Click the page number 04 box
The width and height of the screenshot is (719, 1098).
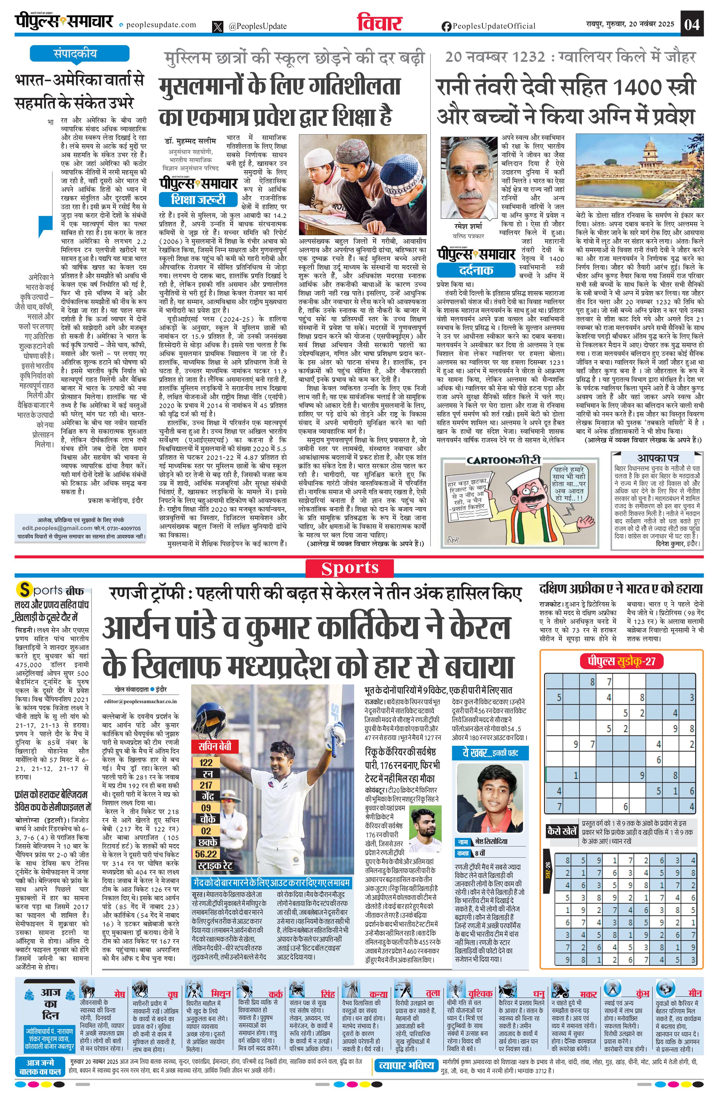point(692,24)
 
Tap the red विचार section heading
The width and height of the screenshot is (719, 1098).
point(380,23)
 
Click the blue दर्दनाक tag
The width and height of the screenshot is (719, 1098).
point(476,270)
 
